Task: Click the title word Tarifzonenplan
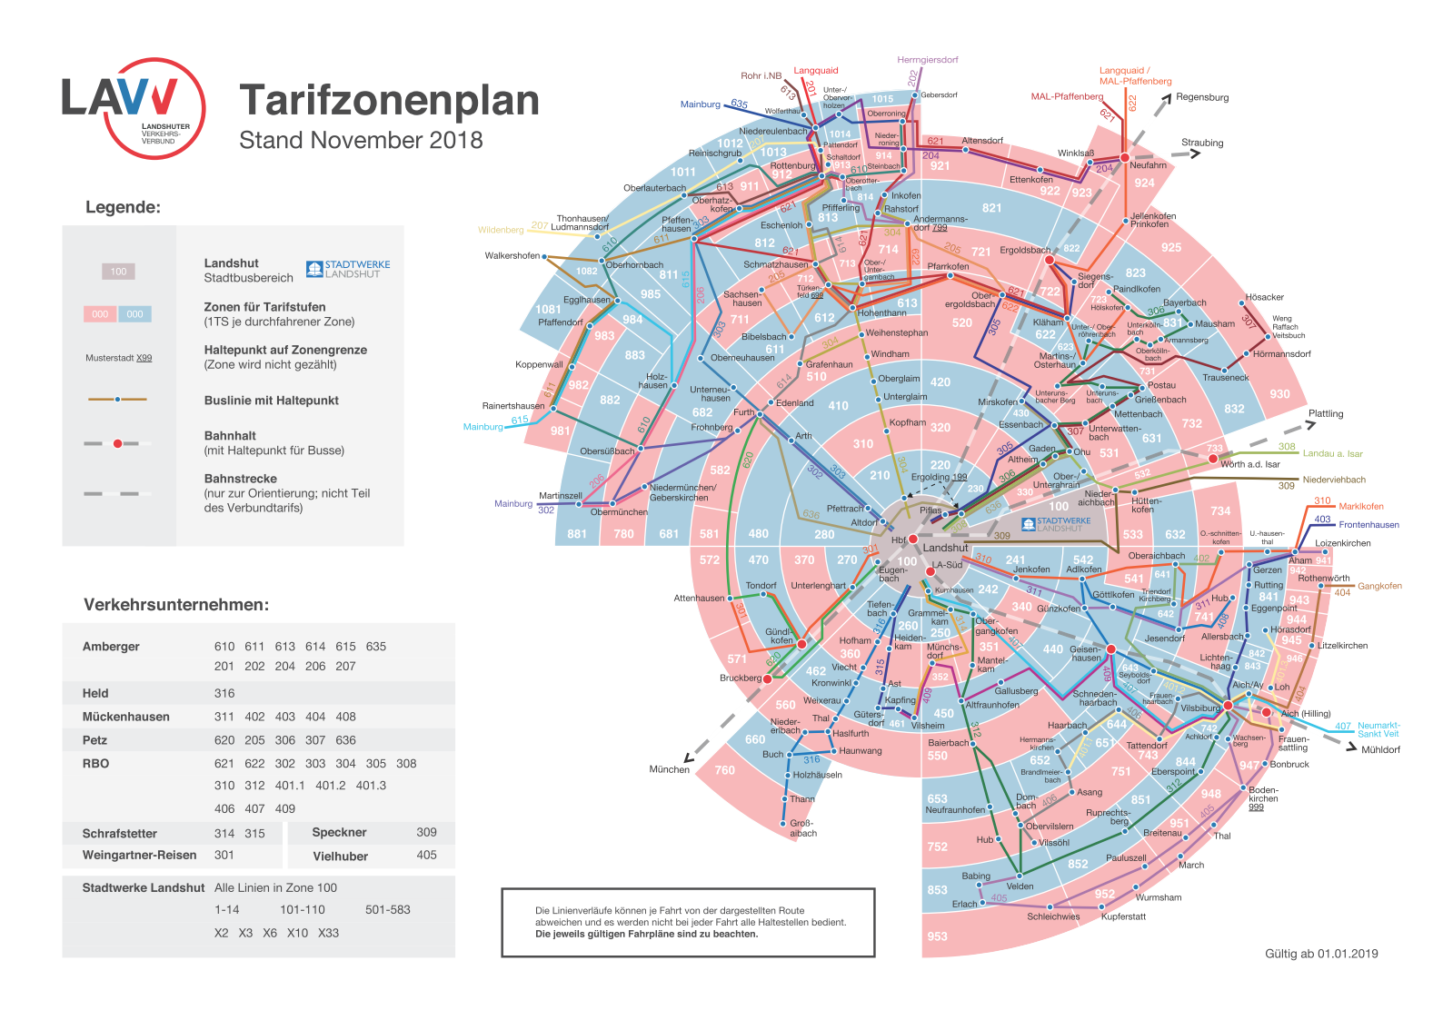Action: [x=389, y=101]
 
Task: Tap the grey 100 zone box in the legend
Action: [x=118, y=271]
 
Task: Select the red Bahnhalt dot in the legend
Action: [x=117, y=443]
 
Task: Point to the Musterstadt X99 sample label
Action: [x=119, y=358]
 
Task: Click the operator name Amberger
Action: [x=111, y=647]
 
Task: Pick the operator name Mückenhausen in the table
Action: [x=125, y=717]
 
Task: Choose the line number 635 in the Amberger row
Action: [x=376, y=647]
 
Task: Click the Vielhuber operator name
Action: [x=340, y=856]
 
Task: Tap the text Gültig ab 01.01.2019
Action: [x=1321, y=954]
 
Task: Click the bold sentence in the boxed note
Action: [x=646, y=934]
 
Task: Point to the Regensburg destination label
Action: [x=1201, y=97]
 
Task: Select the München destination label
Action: [x=669, y=769]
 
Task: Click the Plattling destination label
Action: [x=1325, y=413]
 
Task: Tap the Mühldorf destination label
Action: [x=1380, y=749]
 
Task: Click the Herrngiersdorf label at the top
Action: [x=927, y=60]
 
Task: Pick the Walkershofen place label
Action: [x=513, y=256]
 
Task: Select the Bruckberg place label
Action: [x=741, y=678]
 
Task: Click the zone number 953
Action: [x=937, y=936]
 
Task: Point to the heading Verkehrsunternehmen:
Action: [x=176, y=605]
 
